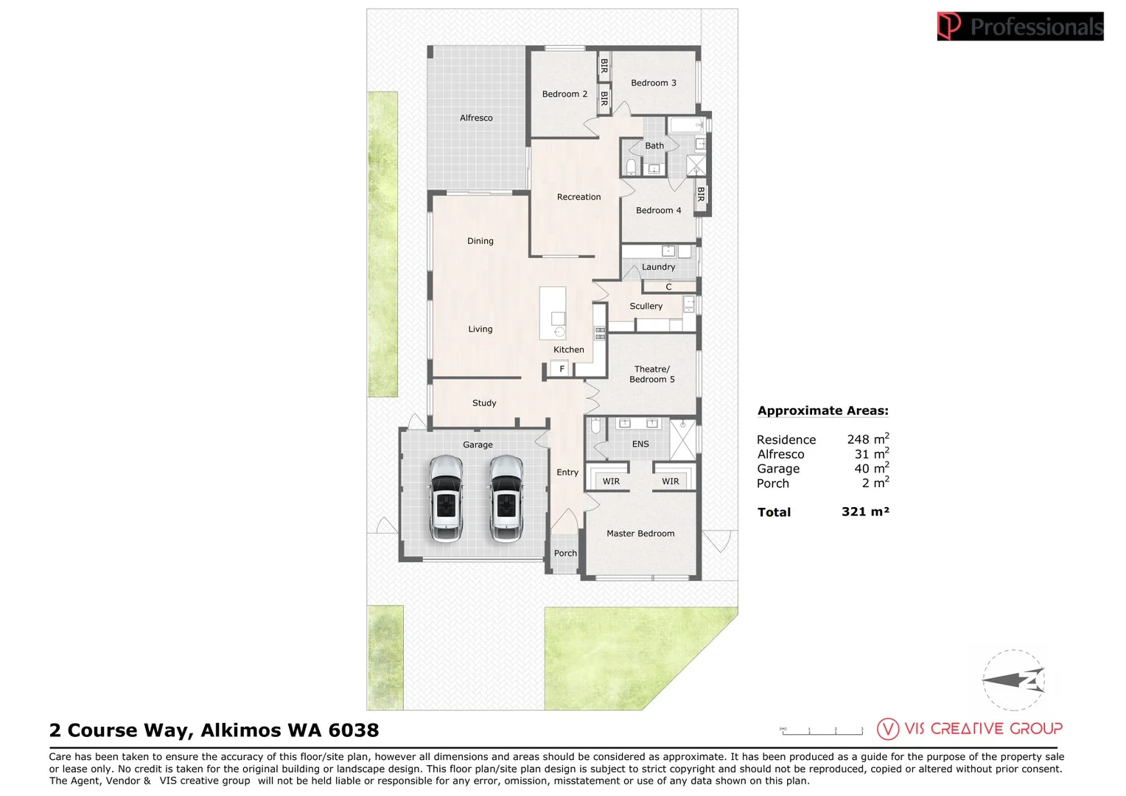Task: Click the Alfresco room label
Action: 476,118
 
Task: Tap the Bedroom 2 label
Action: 564,94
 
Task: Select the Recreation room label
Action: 578,197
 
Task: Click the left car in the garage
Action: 446,499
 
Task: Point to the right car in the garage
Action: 506,499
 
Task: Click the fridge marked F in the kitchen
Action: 562,369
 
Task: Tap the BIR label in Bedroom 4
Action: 701,195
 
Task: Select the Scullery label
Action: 646,306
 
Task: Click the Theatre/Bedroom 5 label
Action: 652,374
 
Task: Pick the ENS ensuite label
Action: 640,444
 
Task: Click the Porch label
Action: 565,553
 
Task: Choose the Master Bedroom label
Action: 640,534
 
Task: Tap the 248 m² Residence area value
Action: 868,439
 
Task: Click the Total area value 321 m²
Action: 866,512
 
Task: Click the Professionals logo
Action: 1021,26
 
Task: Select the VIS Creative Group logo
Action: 970,729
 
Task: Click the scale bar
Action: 822,731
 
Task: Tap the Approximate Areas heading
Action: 823,411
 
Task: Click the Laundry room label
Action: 659,267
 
